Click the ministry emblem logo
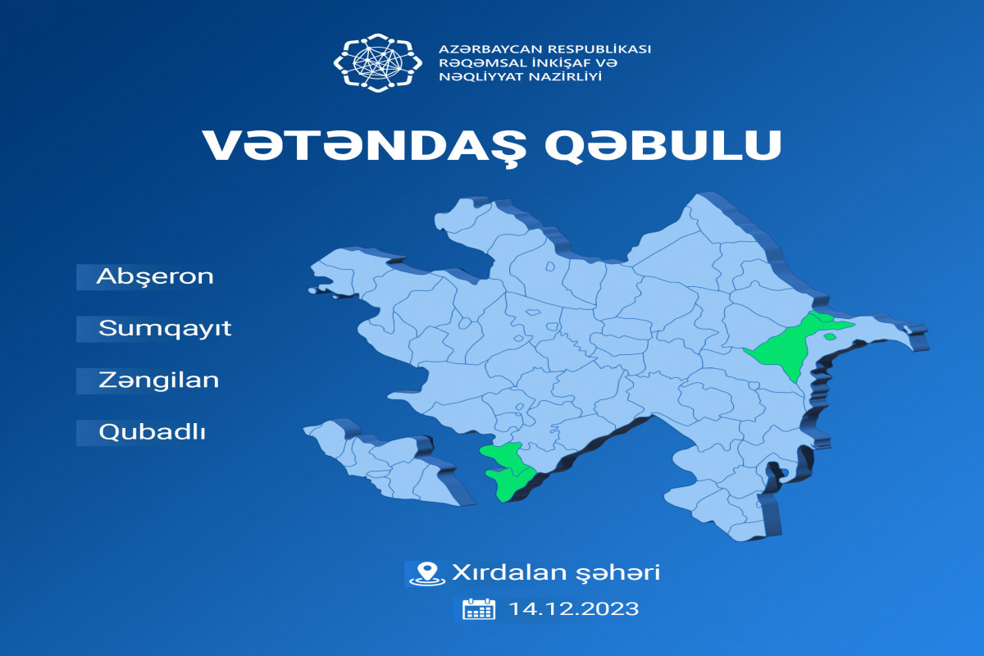pyautogui.click(x=378, y=62)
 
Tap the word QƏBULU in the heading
pyautogui.click(x=663, y=146)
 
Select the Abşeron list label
pyautogui.click(x=155, y=277)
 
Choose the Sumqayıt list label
pyautogui.click(x=165, y=329)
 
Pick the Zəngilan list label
pyautogui.click(x=158, y=380)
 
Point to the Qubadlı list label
pyautogui.click(x=152, y=432)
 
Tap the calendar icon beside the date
pyautogui.click(x=479, y=609)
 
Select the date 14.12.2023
pyautogui.click(x=574, y=609)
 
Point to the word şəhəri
pyautogui.click(x=618, y=573)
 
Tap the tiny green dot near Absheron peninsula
pyautogui.click(x=829, y=337)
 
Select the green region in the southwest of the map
pyautogui.click(x=508, y=471)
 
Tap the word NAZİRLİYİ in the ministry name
pyautogui.click(x=565, y=77)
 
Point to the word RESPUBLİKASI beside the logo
pyautogui.click(x=598, y=49)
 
